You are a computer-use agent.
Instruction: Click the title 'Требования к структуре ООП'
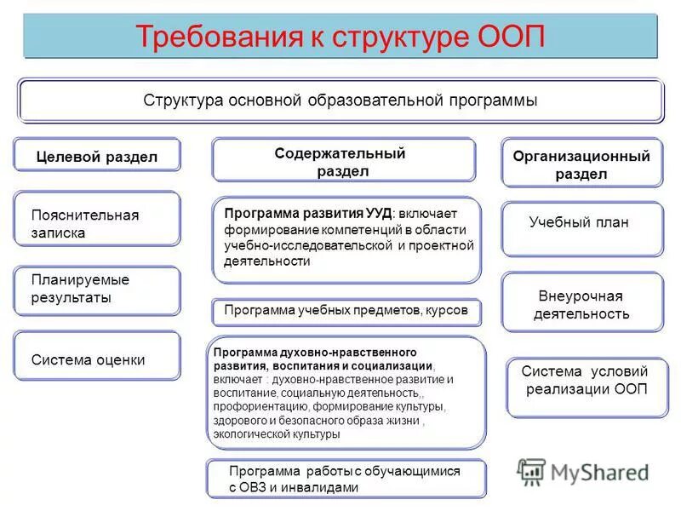(x=340, y=37)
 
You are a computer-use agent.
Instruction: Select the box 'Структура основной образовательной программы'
(x=340, y=100)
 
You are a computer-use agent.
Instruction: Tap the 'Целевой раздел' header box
(x=97, y=156)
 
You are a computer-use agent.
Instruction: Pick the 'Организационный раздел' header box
(x=581, y=164)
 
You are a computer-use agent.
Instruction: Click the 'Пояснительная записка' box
(x=97, y=223)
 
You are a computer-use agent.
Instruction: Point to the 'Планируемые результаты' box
(x=97, y=290)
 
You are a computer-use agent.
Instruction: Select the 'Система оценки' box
(x=97, y=359)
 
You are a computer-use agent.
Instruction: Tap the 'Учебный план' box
(x=581, y=223)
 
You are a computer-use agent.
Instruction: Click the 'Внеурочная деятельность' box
(x=581, y=305)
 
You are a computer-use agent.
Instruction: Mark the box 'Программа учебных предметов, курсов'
(x=346, y=311)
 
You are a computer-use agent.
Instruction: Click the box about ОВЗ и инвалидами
(x=346, y=479)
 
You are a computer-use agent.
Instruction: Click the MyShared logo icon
(x=532, y=472)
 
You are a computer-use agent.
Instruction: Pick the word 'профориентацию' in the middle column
(x=253, y=407)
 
